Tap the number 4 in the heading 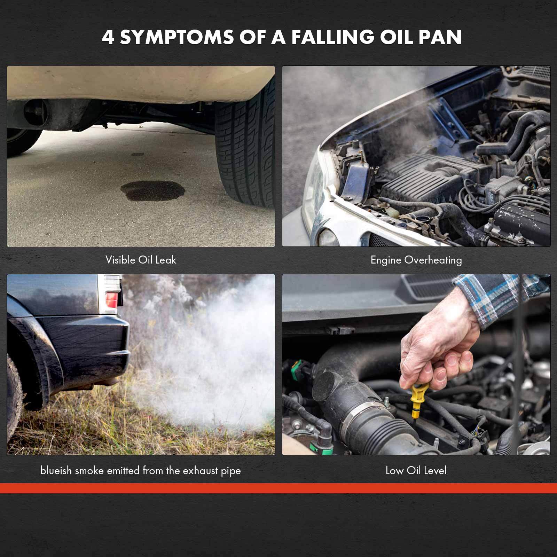[108, 37]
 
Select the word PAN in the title [440, 37]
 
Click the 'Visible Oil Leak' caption [141, 260]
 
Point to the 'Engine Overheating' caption [416, 260]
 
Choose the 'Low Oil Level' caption [416, 471]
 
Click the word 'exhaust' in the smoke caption [201, 471]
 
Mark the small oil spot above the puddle [138, 154]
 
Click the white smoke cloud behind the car [209, 359]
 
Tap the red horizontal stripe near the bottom [278, 488]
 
